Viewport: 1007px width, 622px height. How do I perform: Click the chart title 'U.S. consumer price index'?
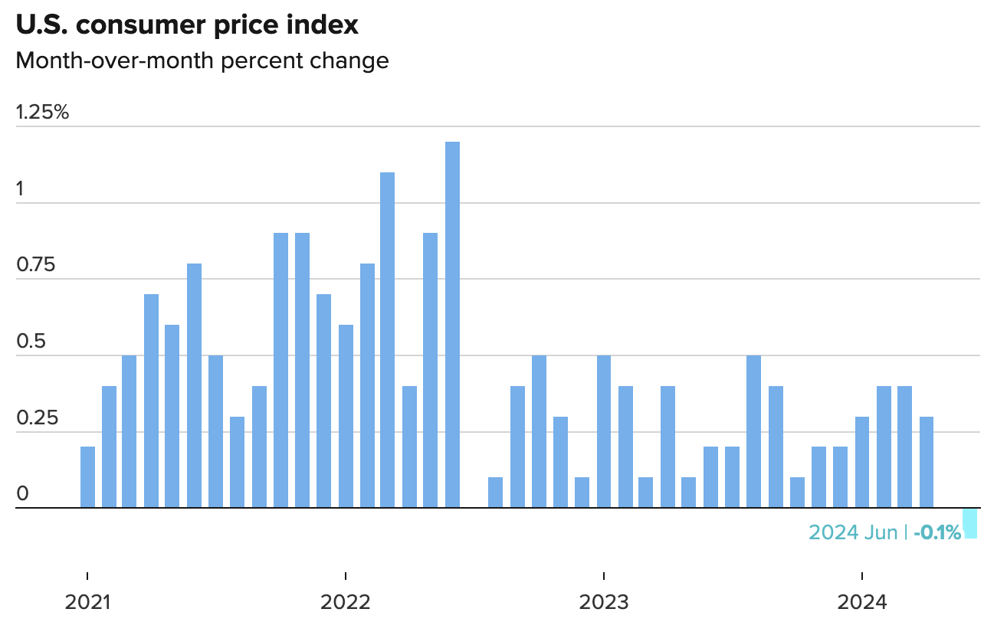[187, 25]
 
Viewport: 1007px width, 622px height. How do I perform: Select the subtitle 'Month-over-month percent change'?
[202, 61]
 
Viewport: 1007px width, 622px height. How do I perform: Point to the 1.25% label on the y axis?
[43, 113]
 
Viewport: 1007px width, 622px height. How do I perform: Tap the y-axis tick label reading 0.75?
[36, 265]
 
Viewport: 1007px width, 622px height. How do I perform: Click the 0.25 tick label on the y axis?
[36, 418]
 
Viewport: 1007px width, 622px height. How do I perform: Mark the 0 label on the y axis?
[22, 494]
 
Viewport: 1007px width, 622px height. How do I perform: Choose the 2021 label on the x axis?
[88, 601]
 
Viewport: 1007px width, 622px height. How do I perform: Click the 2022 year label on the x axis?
[346, 601]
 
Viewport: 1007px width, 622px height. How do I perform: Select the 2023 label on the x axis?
[604, 601]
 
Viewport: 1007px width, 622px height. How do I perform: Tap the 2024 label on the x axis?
[862, 601]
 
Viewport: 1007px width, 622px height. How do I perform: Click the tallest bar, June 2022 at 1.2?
[452, 325]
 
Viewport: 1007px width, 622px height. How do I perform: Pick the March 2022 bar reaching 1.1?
[388, 340]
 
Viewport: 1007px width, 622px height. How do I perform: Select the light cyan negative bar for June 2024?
[970, 523]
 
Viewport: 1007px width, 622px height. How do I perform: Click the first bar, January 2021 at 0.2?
[88, 477]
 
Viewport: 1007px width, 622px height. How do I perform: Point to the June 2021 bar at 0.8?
[195, 385]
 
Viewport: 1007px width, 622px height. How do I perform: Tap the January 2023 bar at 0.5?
[604, 431]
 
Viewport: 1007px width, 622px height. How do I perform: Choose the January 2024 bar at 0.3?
[862, 462]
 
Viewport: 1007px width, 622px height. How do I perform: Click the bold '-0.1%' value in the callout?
[936, 532]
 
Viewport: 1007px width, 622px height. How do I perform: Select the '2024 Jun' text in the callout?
[853, 532]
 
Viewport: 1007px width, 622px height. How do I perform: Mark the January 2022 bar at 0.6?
[346, 416]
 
